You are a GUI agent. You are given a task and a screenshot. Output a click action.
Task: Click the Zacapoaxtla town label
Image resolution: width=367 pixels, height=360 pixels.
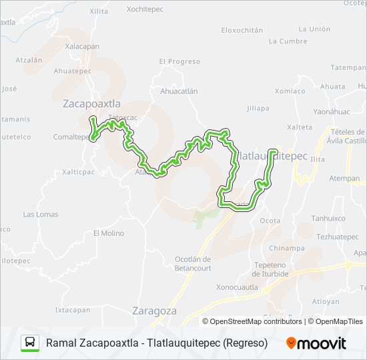click(x=91, y=103)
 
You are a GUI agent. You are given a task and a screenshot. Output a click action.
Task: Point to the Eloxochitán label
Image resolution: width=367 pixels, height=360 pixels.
click(x=242, y=30)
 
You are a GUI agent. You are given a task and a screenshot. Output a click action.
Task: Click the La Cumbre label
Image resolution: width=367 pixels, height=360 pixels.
click(x=288, y=41)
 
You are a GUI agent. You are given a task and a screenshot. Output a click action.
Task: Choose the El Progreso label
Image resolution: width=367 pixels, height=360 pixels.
click(x=179, y=61)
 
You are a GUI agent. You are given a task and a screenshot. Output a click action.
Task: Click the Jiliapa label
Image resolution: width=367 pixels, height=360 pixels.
click(x=258, y=108)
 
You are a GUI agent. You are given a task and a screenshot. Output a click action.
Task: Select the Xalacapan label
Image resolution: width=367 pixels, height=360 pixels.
click(x=83, y=46)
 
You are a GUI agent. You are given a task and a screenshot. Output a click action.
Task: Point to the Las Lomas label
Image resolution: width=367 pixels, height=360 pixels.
click(x=41, y=214)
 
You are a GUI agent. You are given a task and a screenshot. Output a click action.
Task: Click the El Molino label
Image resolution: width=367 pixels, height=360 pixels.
click(x=109, y=233)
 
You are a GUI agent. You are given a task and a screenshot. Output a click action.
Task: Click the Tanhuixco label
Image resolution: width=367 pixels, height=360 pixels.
click(x=329, y=218)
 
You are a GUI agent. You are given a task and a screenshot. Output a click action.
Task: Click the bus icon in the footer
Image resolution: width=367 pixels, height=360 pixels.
click(x=30, y=343)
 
